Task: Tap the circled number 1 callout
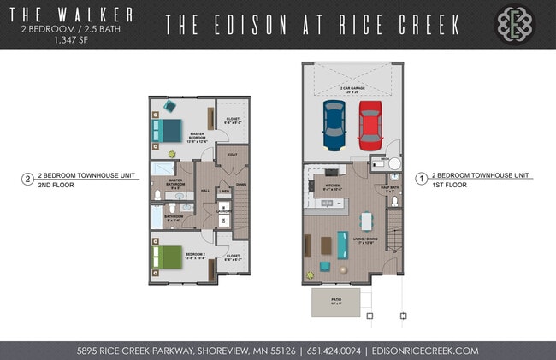(421, 179)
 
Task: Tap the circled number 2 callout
(27, 180)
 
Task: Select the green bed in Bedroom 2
(167, 255)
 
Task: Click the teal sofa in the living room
(343, 245)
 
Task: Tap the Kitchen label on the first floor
(333, 184)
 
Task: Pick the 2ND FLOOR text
(56, 184)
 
